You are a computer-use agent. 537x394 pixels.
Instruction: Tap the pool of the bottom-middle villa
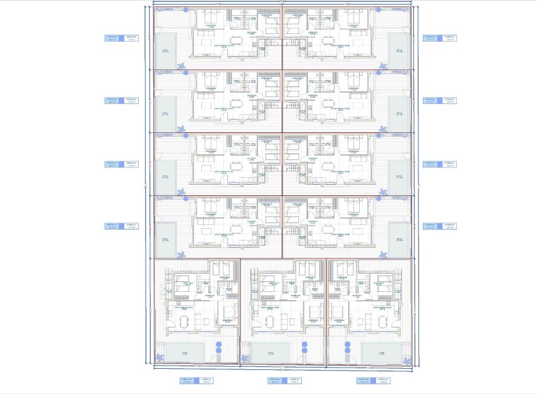click(271, 352)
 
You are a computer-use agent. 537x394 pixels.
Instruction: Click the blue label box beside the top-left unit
click(121, 38)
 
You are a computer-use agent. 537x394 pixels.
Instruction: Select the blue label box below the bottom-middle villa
click(283, 380)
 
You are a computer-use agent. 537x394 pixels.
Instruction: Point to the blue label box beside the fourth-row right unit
click(439, 226)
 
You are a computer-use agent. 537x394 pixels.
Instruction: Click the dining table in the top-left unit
click(236, 41)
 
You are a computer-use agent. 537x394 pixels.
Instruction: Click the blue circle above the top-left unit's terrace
click(184, 10)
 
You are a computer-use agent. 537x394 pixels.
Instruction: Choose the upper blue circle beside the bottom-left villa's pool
click(218, 345)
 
